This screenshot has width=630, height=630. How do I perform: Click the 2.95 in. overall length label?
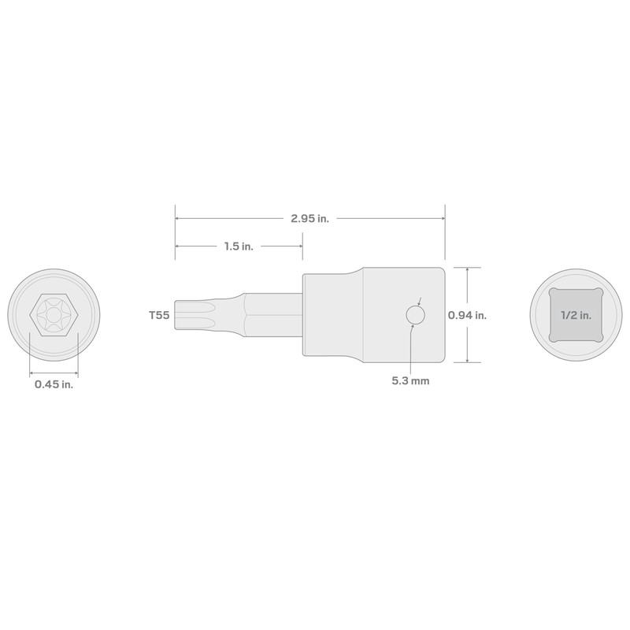309,219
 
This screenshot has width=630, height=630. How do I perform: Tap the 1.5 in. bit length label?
238,246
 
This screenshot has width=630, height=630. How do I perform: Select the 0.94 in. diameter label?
467,315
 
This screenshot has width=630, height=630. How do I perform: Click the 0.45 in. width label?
54,384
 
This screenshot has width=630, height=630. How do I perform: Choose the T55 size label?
159,315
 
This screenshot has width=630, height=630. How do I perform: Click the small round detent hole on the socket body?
415,315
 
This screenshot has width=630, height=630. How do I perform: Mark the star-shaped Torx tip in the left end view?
54,313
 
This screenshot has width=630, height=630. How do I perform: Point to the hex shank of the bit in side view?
272,315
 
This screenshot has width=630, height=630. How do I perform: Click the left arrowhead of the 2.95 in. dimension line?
177,219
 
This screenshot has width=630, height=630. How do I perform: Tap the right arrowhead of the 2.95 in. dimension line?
443,219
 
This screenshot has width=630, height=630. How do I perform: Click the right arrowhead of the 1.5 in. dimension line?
300,246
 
